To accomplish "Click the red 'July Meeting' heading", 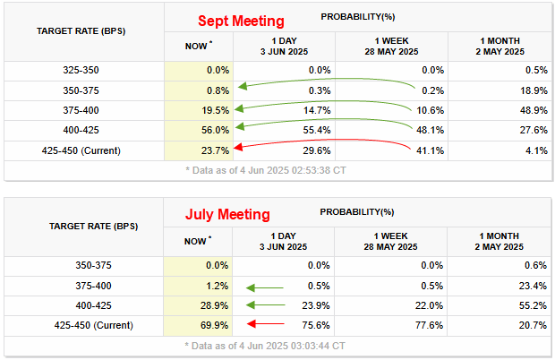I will [227, 215].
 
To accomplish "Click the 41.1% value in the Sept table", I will [428, 150].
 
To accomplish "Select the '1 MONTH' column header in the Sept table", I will [500, 46].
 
